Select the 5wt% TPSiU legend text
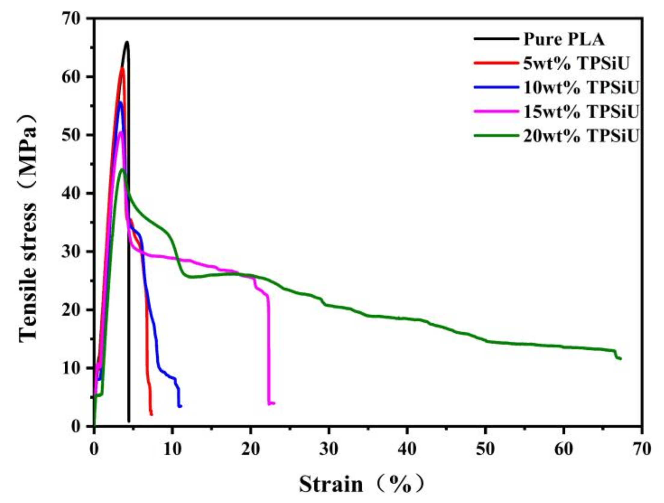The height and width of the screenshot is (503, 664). (x=576, y=64)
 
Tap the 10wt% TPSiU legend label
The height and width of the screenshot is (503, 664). (x=580, y=88)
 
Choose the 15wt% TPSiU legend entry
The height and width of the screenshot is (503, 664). (x=580, y=112)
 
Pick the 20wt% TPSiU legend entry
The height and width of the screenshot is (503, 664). (x=580, y=136)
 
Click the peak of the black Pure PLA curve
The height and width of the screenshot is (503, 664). (x=127, y=42)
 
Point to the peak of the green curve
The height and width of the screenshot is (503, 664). (x=122, y=169)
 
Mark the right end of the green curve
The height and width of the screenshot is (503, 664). (x=620, y=359)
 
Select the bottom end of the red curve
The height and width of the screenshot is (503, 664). (x=151, y=414)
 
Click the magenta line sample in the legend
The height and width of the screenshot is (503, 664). (x=496, y=112)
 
